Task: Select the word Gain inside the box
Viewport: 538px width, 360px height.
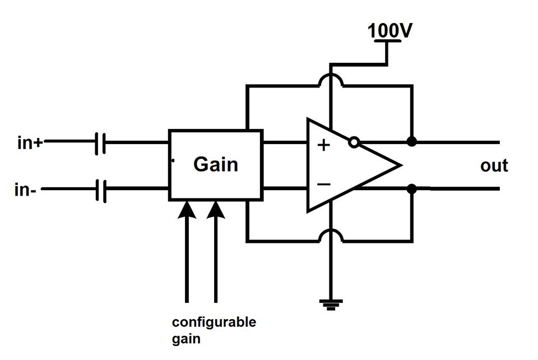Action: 215,164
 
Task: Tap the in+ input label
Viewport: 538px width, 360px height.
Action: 30,142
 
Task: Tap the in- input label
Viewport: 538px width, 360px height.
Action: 26,190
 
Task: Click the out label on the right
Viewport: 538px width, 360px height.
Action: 494,165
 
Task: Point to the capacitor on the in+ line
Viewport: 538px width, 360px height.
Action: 100,142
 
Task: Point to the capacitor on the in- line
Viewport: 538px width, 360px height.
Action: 100,190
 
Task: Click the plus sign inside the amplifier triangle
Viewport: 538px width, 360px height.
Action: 323,146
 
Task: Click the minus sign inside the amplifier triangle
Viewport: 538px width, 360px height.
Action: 323,184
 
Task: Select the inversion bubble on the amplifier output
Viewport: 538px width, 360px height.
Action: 353,142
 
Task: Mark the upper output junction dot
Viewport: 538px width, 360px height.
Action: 412,142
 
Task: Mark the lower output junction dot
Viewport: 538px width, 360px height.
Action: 412,189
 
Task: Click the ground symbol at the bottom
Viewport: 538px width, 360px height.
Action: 331,304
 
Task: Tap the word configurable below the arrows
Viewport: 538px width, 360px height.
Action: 214,323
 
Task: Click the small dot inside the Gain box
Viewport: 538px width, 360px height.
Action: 173,161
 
